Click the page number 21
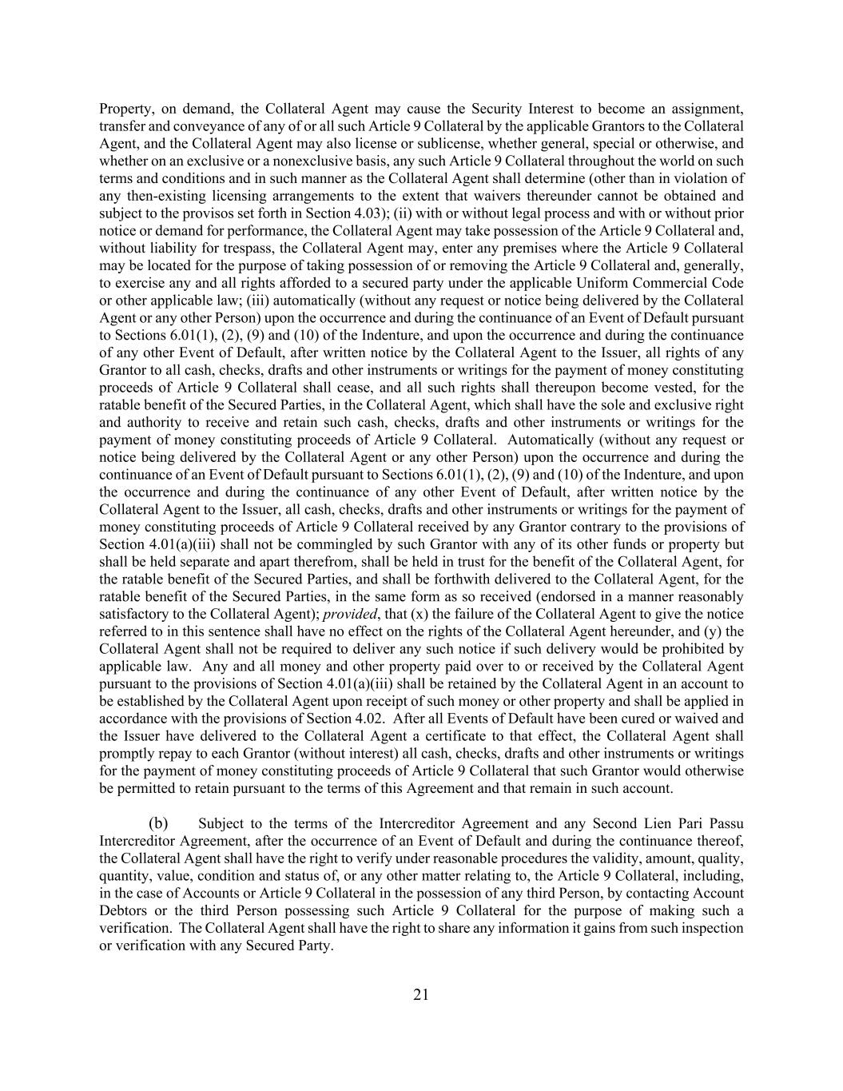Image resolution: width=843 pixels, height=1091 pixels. (x=421, y=994)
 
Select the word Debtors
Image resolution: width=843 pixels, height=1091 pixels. (x=122, y=911)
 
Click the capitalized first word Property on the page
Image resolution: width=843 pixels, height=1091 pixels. (x=126, y=109)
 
